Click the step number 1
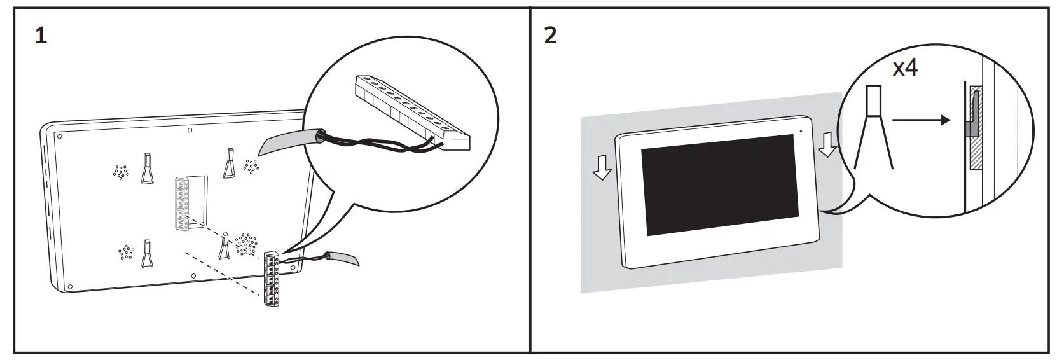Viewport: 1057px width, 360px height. tap(41, 36)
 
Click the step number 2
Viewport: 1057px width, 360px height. tap(551, 36)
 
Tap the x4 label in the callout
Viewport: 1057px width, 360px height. tap(905, 67)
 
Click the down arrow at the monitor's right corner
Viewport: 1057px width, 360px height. tap(827, 144)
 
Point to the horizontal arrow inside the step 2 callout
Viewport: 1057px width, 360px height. tap(920, 120)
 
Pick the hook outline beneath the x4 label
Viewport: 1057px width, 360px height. tap(874, 127)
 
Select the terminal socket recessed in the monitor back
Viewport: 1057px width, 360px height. tap(183, 203)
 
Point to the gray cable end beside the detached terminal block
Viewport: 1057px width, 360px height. tap(343, 259)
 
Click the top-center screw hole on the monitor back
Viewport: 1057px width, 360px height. tap(190, 130)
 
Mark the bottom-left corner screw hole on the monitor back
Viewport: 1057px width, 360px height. tap(70, 286)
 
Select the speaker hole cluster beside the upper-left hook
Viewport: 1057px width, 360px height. tap(120, 172)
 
